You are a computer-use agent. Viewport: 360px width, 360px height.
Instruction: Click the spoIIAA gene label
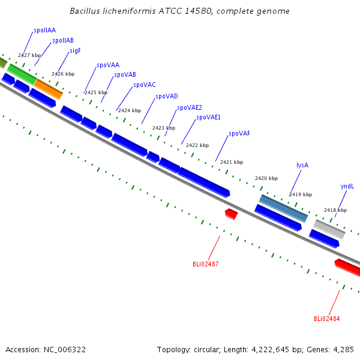[x=45, y=31]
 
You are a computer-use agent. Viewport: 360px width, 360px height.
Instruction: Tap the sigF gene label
[x=76, y=51]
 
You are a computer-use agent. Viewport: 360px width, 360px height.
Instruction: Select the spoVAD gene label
[x=167, y=97]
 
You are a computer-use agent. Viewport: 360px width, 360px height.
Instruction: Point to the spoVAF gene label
[x=239, y=134]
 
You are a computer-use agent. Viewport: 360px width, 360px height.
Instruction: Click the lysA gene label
[x=302, y=166]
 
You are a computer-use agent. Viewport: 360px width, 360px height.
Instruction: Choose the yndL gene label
[x=347, y=186]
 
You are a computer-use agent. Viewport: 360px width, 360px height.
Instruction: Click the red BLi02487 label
[x=205, y=264]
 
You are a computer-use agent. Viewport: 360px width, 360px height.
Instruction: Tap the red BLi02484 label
[x=327, y=319]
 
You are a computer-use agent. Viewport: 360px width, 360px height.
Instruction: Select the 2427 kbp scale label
[x=29, y=55]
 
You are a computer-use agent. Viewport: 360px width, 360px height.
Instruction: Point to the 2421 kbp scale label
[x=232, y=162]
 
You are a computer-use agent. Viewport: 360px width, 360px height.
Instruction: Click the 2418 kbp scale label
[x=335, y=210]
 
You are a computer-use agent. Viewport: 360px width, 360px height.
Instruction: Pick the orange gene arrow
[x=49, y=89]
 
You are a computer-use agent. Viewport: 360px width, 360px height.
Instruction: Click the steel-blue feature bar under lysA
[x=283, y=208]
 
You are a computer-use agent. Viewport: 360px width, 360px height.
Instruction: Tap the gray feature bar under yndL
[x=329, y=229]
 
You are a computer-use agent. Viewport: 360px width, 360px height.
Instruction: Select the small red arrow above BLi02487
[x=231, y=214]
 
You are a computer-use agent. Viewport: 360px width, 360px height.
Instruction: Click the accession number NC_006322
[x=65, y=350]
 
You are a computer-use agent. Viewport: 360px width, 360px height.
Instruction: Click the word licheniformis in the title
[x=129, y=11]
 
